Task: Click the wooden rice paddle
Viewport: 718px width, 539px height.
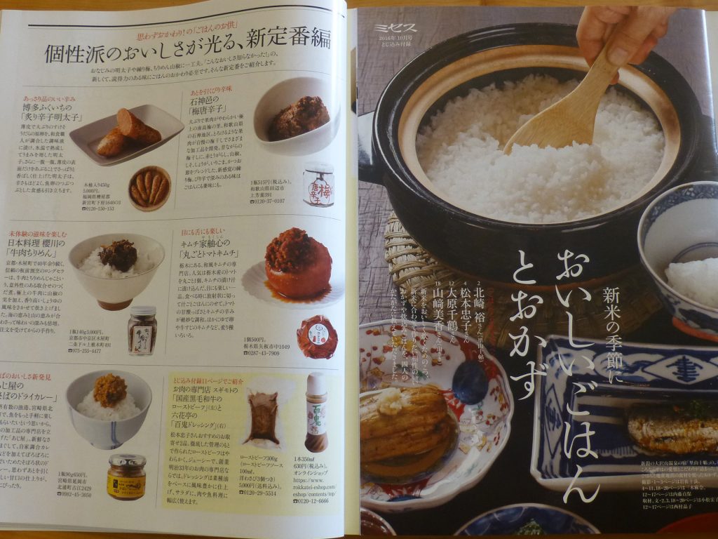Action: coord(561,112)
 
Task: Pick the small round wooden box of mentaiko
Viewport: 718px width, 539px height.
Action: coord(149,187)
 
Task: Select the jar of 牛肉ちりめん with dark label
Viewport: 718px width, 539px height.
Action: coord(142,331)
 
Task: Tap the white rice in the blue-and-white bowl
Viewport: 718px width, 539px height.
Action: coord(691,281)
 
